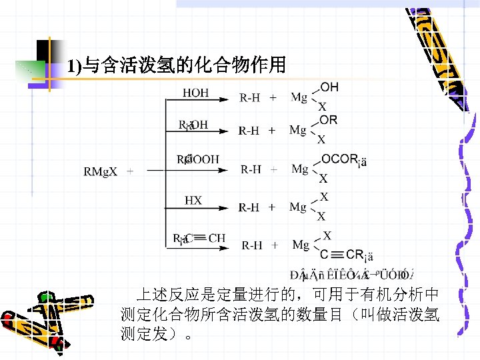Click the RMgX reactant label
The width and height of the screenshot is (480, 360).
coord(100,172)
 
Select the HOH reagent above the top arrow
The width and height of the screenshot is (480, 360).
coord(195,93)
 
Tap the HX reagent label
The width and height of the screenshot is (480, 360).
coord(193,200)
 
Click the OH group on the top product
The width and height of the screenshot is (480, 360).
coord(329,87)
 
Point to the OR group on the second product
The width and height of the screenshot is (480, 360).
coord(329,120)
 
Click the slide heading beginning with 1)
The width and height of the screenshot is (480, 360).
coord(177,65)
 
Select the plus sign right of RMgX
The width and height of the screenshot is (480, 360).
coord(129,172)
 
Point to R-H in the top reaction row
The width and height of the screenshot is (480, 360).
coord(250,99)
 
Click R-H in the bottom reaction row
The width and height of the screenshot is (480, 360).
coord(251,245)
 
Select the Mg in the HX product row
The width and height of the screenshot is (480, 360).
coord(298,207)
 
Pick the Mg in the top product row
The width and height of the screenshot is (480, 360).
coord(299,98)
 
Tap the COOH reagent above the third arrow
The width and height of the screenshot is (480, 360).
coord(197,159)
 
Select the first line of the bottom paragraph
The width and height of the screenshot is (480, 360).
coord(287,294)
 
